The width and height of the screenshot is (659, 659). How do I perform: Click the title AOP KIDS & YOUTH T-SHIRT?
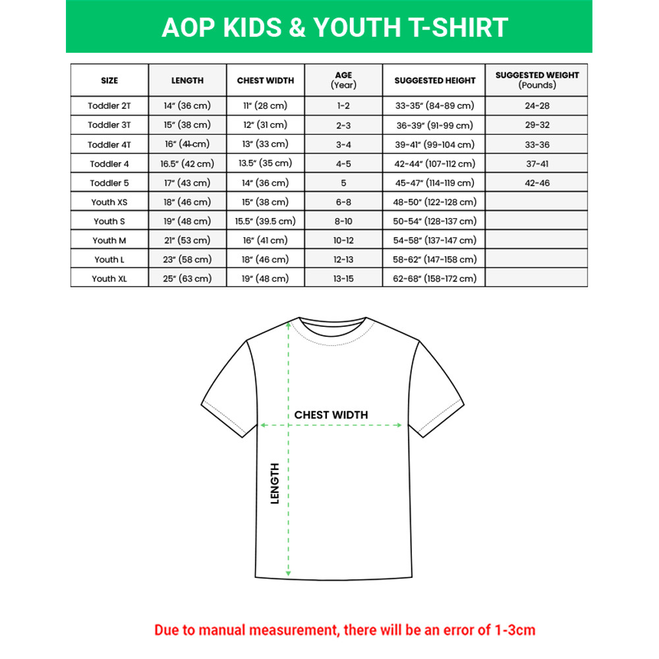[x=335, y=28]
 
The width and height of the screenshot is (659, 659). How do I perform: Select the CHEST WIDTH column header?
[x=266, y=80]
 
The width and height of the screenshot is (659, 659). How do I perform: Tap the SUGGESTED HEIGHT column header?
[x=435, y=80]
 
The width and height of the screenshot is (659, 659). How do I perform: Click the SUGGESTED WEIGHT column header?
[x=537, y=80]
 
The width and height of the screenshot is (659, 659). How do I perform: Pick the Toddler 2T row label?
[x=109, y=105]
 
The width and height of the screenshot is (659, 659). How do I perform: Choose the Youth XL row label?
[x=109, y=279]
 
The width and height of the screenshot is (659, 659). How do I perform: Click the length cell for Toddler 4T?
[x=187, y=144]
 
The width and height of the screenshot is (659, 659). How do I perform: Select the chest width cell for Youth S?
[x=266, y=221]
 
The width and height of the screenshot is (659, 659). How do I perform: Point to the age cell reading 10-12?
[x=343, y=241]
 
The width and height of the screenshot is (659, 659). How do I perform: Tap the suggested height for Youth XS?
[x=435, y=202]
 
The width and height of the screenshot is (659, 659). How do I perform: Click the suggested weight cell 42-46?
[x=537, y=183]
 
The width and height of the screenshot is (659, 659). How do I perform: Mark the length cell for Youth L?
[x=187, y=260]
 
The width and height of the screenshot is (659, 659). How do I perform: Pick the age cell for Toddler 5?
[x=343, y=183]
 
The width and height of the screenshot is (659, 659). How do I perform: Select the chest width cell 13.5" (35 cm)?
[x=266, y=163]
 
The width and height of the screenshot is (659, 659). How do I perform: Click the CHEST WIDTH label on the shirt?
[x=331, y=415]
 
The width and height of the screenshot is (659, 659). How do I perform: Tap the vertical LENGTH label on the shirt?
[x=275, y=483]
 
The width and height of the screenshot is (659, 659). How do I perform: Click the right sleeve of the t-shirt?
[x=438, y=389]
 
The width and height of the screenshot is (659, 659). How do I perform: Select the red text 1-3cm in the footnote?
[x=514, y=630]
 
